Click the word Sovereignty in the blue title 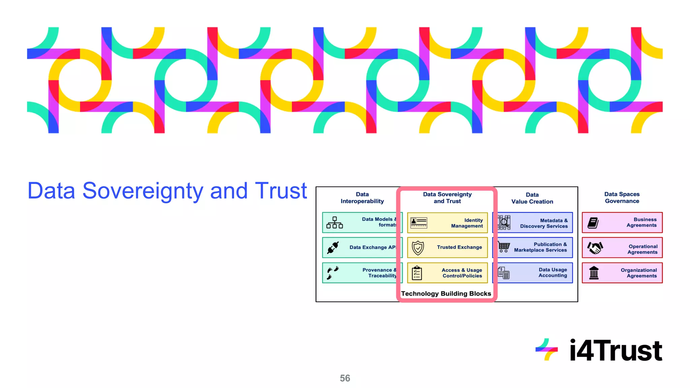pos(143,191)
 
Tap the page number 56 pos(345,378)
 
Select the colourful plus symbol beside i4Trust pos(546,350)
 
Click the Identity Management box pos(447,223)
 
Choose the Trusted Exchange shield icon pos(418,248)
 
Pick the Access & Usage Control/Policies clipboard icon pos(417,273)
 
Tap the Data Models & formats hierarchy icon pos(335,223)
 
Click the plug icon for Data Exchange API pos(333,248)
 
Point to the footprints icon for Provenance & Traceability pos(333,273)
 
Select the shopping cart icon pos(504,247)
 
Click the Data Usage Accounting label pos(553,272)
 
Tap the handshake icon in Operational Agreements pos(595,248)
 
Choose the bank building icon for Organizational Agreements pos(594,273)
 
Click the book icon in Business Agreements pos(593,223)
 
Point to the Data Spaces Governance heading pos(622,198)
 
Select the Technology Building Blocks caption pos(446,294)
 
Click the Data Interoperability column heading pos(362,198)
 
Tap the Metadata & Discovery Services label pos(544,223)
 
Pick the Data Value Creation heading pos(532,198)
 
